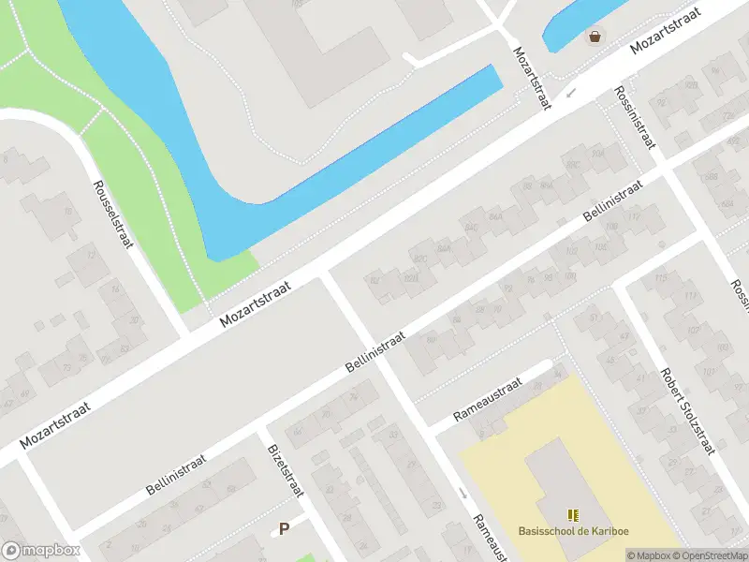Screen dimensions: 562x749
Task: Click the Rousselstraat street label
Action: tap(112, 214)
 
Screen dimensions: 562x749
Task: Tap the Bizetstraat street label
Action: tap(286, 470)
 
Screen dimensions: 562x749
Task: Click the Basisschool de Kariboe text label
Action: tap(573, 531)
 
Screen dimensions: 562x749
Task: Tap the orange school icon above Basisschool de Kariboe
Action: tap(573, 515)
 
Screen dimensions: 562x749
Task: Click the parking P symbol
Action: tap(284, 528)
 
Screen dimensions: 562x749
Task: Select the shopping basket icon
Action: tap(595, 37)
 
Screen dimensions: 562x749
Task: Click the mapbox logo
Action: tap(39, 551)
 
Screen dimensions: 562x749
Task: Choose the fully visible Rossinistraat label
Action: tap(636, 118)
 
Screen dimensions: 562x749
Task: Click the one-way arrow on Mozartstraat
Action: tap(571, 93)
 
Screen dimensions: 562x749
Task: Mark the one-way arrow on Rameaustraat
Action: tap(463, 494)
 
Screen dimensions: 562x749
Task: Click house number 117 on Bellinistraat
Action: tap(636, 216)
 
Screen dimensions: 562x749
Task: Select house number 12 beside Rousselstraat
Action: tap(91, 255)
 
